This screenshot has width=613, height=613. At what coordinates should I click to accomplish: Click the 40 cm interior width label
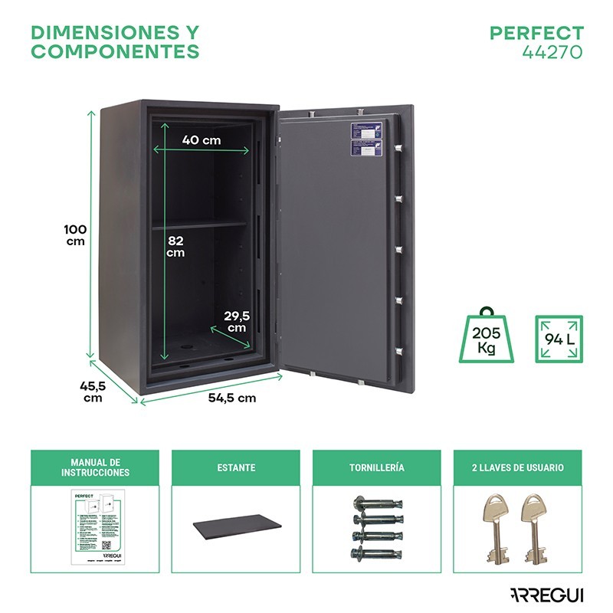pos(202,140)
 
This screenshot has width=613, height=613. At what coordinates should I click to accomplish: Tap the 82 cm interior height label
pos(176,246)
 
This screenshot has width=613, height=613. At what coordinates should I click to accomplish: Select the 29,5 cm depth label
pos(237,321)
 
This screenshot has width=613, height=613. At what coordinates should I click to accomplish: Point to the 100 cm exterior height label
pos(75,235)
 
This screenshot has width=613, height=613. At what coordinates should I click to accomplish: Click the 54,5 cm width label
pos(232,398)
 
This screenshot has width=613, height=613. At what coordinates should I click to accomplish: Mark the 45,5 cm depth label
pos(92,392)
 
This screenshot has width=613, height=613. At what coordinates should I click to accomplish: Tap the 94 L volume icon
pos(558,338)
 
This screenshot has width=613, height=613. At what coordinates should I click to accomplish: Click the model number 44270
pos(552,52)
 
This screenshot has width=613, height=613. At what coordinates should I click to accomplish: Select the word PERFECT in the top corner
pos(536,34)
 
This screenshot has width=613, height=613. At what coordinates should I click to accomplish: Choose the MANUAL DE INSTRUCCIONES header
pos(95,468)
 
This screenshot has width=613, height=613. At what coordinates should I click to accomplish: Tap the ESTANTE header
pos(235,467)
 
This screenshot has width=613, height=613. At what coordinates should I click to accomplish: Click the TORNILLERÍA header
pos(376,467)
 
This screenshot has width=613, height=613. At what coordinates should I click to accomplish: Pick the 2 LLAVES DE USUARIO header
pos(517,467)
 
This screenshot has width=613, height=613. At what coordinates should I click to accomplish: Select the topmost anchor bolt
pos(376,503)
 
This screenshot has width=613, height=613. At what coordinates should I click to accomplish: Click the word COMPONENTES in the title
pos(115,52)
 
